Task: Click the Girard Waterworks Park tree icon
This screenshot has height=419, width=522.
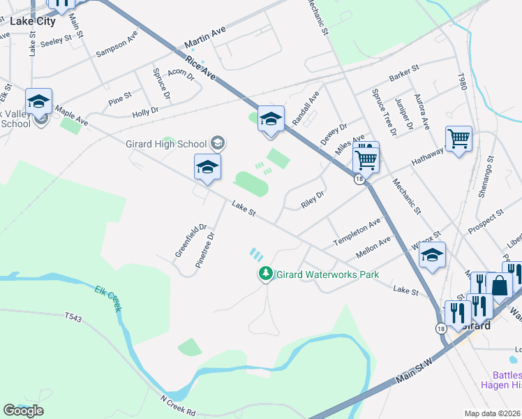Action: (265, 274)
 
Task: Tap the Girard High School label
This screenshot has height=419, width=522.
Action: (166, 144)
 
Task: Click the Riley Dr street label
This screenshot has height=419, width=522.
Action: (312, 200)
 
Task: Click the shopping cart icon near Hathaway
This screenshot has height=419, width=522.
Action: (458, 139)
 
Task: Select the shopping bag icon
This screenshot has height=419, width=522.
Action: (500, 285)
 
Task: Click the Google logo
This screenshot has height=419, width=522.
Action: (23, 411)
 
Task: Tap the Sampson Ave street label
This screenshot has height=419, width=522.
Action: (117, 47)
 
